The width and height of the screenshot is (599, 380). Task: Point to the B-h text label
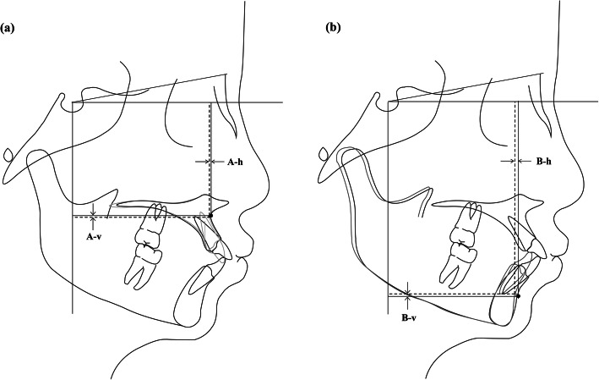pos(542,160)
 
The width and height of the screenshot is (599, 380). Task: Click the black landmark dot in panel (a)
pos(210,216)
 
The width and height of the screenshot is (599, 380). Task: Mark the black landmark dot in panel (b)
pos(517,296)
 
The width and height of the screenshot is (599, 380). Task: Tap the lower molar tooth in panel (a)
pos(144,259)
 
